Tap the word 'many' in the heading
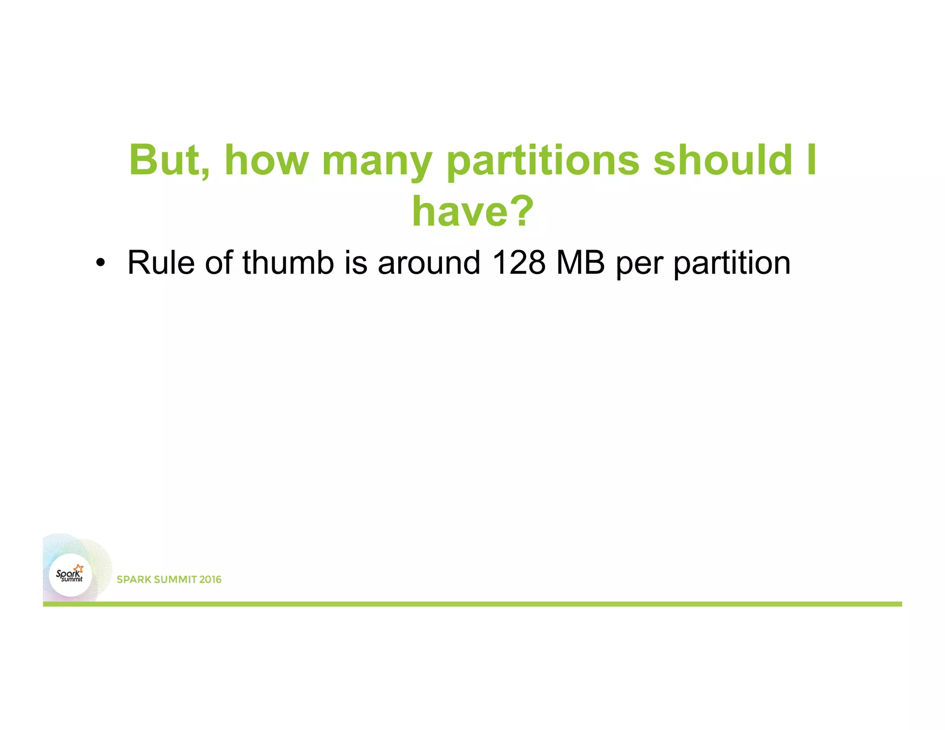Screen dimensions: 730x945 click(x=377, y=162)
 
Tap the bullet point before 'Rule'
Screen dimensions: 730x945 click(x=100, y=263)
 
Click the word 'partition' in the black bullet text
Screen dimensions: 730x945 click(x=732, y=263)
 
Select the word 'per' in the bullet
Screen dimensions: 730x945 click(x=640, y=265)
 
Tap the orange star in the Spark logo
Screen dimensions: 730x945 click(x=79, y=568)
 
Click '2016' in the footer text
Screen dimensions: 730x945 click(x=210, y=580)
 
